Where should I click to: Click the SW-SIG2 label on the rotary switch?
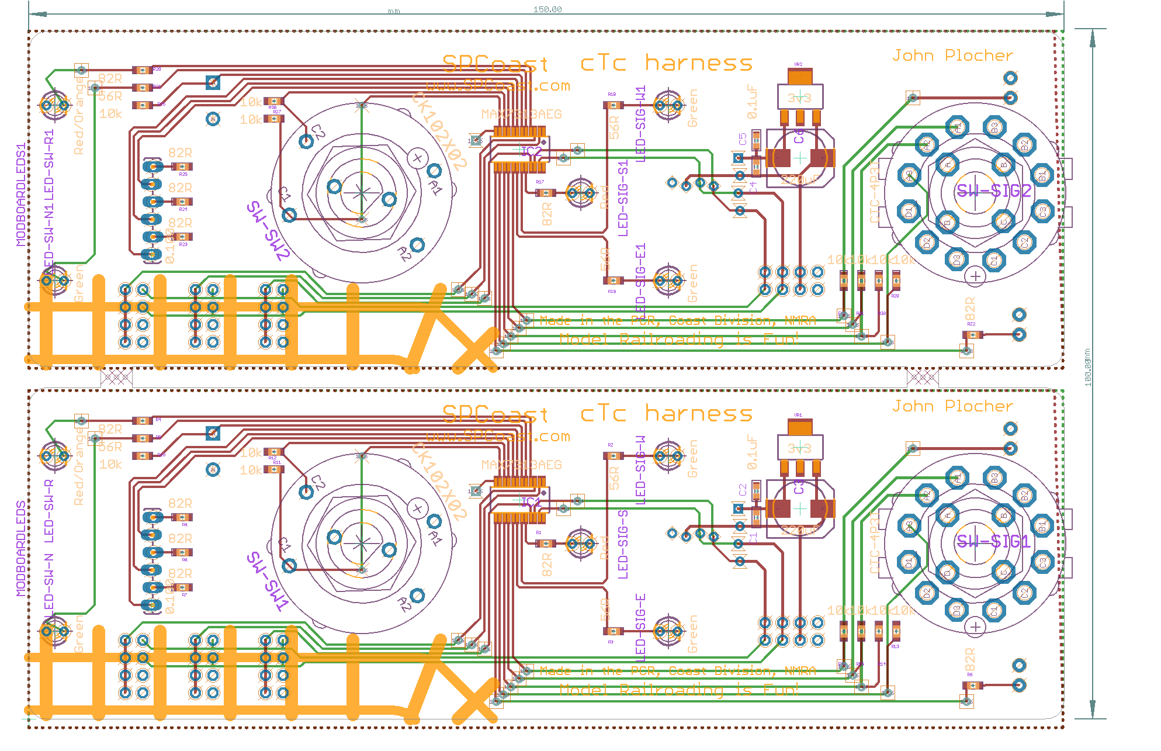993,191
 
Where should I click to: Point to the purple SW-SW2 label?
268,231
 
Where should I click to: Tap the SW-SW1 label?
268,582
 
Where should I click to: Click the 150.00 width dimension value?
547,9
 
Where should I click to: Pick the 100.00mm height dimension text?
1087,367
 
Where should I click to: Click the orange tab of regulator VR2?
800,77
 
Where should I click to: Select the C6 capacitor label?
799,137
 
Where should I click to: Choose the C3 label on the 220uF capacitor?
799,487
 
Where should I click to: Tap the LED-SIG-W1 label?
641,124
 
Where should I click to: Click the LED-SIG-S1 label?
623,199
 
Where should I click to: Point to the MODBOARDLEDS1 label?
22,195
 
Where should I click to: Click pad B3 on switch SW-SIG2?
994,127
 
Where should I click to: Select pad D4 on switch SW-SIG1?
909,562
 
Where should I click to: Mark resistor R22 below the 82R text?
972,335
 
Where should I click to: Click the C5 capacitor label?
743,139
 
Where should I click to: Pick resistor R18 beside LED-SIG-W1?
612,105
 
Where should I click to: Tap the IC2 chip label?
531,152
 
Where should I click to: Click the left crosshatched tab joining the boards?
116,378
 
